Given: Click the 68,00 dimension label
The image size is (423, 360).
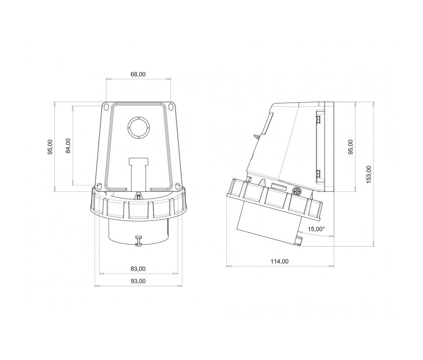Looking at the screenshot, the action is [138, 74].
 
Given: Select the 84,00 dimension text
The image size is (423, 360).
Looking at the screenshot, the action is [68, 146].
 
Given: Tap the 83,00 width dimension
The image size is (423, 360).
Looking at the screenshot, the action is [138, 269].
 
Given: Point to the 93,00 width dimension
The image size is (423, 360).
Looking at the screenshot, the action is [138, 281].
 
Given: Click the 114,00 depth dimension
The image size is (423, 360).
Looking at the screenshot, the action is [279, 261].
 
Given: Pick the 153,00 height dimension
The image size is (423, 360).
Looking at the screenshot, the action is [369, 174].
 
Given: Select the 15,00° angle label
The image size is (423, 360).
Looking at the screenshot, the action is [316, 229].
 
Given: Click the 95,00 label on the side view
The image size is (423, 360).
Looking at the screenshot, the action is [351, 147].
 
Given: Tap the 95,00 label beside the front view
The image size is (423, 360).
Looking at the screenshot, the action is [50, 147].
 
